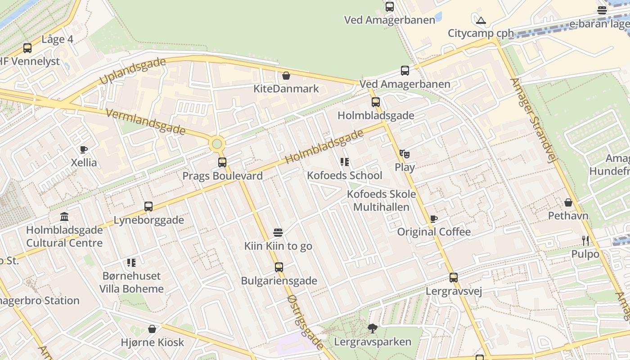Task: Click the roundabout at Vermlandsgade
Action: point(217,144)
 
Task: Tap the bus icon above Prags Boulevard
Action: point(222,162)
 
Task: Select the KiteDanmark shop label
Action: point(286,89)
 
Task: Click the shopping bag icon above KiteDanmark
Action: point(286,76)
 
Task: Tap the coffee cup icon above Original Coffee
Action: point(433,219)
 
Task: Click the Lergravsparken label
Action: point(373,342)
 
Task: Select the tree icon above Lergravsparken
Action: point(372,328)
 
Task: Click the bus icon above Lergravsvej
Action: point(454,278)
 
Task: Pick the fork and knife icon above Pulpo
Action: point(585,241)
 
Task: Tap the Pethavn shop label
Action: point(568,216)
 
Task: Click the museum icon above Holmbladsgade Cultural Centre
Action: point(64,217)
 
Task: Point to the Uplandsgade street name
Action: point(133,71)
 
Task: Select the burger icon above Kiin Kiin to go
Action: point(278,233)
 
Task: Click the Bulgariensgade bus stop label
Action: point(279,281)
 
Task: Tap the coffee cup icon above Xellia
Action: point(83,149)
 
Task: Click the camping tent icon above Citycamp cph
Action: point(481,20)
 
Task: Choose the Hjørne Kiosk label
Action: point(153,342)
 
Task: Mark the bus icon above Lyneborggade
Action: point(148,207)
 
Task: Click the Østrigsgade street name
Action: point(305,322)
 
